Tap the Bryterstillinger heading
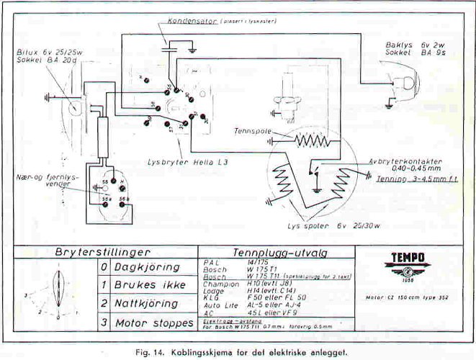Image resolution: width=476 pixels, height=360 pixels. [x=102, y=253]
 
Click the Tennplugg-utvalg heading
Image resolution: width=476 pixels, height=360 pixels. [x=271, y=253]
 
